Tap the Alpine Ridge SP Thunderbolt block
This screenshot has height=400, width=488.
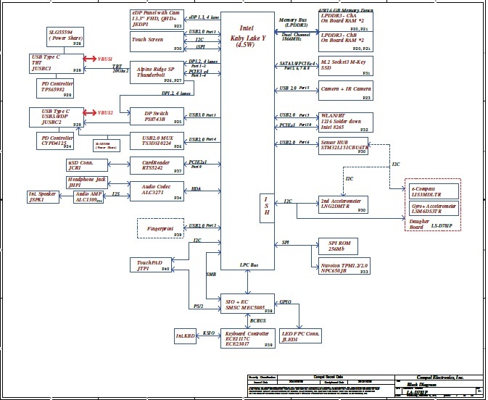[156, 73]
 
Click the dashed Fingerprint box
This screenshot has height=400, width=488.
[160, 229]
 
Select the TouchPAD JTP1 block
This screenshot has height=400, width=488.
[152, 265]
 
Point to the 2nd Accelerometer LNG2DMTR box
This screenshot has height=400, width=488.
[344, 203]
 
